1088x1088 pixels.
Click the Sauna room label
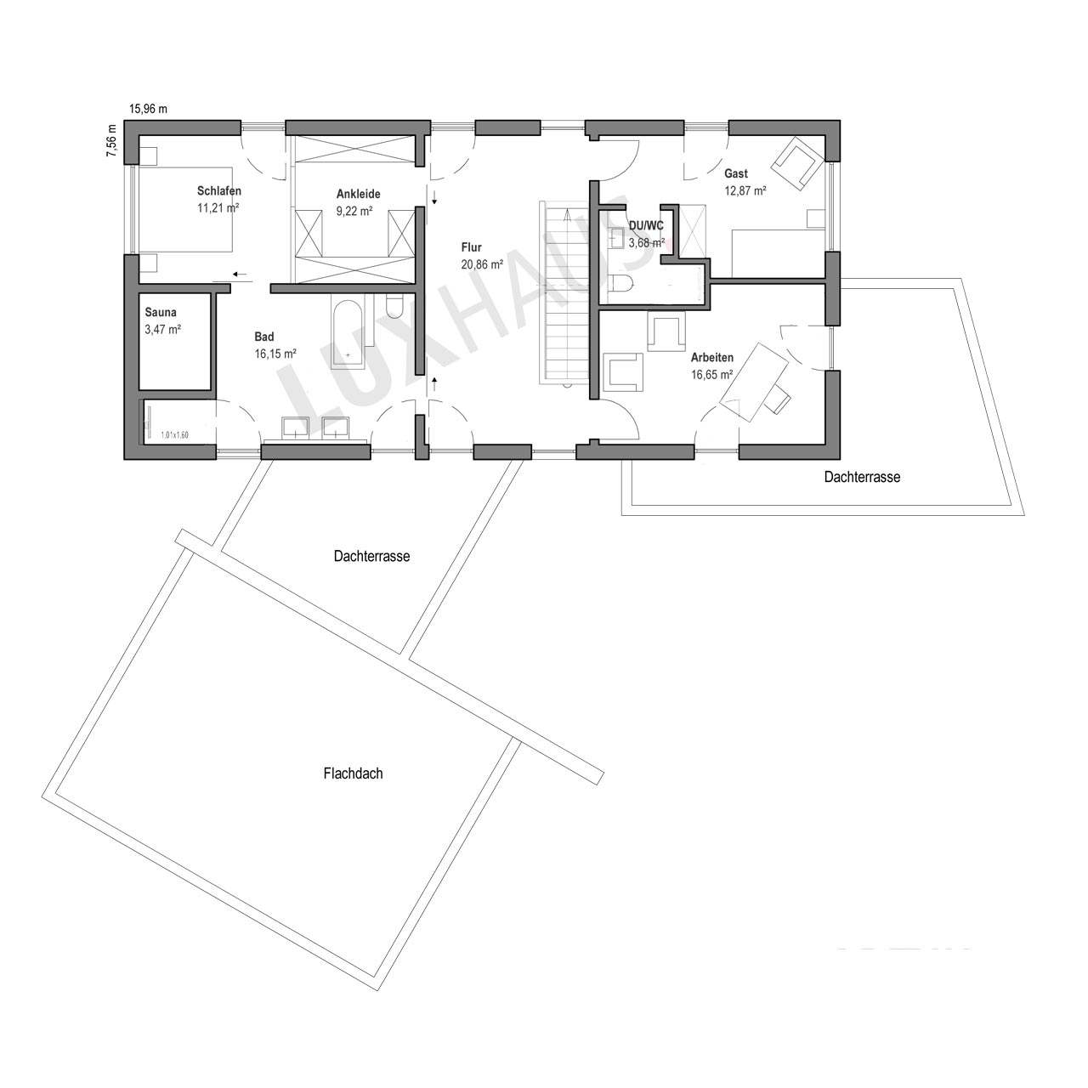161,312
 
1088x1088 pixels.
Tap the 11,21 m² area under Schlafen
218,207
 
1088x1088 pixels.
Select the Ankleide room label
359,194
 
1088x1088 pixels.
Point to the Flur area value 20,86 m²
482,263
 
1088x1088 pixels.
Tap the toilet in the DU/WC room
623,284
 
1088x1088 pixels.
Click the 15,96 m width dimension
149,109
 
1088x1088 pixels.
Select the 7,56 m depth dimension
111,140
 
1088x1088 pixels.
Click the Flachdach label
353,773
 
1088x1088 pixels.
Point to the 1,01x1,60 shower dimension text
174,434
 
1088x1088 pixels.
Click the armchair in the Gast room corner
798,162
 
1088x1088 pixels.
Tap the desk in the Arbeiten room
753,382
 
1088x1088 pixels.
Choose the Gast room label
736,173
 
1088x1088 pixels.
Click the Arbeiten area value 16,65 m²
712,374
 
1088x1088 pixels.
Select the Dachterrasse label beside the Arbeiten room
862,477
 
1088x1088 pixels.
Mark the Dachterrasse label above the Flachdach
371,556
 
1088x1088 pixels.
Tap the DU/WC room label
646,226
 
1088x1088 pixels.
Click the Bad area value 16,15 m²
275,354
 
